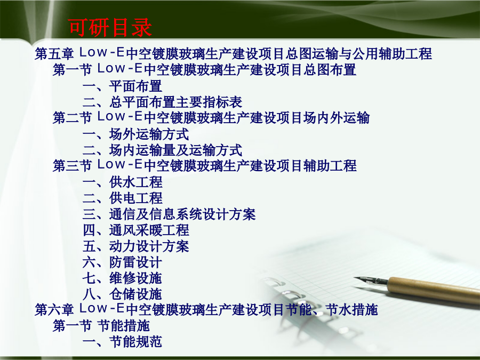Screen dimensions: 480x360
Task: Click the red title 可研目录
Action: (110, 28)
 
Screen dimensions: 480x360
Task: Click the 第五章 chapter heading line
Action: (233, 53)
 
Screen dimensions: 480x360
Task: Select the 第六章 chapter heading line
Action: (206, 309)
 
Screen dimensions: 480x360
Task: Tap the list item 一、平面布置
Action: (122, 86)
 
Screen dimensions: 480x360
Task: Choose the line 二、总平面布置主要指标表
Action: (162, 102)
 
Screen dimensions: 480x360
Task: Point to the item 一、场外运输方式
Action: (135, 134)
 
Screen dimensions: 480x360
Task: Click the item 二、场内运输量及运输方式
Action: (162, 150)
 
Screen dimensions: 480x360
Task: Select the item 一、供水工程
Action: (123, 182)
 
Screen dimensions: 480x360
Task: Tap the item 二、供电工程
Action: (123, 198)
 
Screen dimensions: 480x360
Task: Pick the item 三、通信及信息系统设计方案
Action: (169, 214)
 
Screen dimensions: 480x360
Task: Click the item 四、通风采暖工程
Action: (135, 230)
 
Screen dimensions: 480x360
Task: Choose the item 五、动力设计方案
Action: (135, 246)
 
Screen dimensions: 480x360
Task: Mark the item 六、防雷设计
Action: (122, 262)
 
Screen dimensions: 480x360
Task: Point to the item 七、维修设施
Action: (122, 278)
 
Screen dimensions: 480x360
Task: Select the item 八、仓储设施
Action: (122, 294)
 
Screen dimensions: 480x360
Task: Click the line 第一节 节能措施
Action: (101, 325)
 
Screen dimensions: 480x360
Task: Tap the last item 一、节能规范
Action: (122, 342)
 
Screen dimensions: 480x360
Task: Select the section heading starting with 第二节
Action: (211, 117)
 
